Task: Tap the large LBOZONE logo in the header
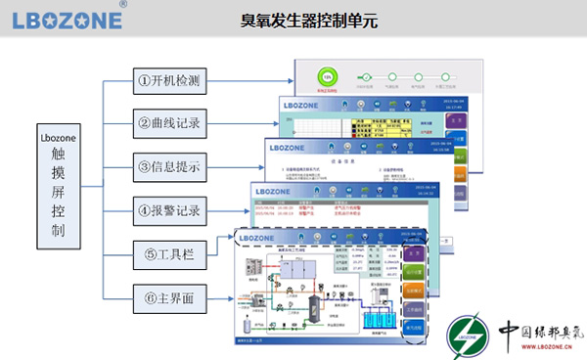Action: [x=63, y=20]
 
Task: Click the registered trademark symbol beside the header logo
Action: [x=121, y=5]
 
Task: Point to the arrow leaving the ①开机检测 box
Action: [x=254, y=80]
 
